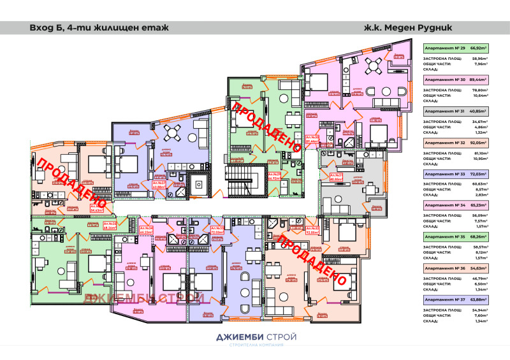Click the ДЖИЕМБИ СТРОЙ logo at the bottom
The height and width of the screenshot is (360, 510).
click(x=255, y=338)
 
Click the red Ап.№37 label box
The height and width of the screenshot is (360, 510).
click(x=159, y=185)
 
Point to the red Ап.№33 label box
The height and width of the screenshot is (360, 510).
click(x=216, y=230)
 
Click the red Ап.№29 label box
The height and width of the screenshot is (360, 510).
click(x=275, y=176)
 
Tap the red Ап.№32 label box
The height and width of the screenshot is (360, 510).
click(x=312, y=230)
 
